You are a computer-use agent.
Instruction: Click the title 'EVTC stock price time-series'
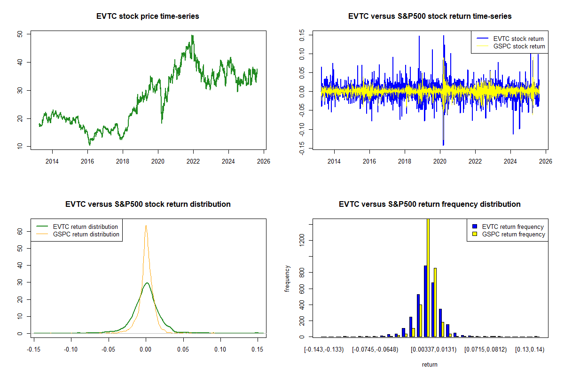point(148,16)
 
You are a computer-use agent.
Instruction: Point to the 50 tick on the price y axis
point(19,34)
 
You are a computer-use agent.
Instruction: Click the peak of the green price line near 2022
point(192,36)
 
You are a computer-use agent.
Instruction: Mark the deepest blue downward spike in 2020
point(443,144)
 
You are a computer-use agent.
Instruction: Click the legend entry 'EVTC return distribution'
point(85,227)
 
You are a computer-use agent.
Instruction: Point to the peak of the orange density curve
point(146,226)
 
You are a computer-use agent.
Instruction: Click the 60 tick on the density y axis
point(20,231)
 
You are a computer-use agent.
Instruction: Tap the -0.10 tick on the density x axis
point(71,350)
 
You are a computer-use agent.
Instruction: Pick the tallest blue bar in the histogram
point(425,301)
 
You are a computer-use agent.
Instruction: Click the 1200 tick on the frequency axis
point(302,241)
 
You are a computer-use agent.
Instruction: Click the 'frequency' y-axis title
point(287,278)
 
